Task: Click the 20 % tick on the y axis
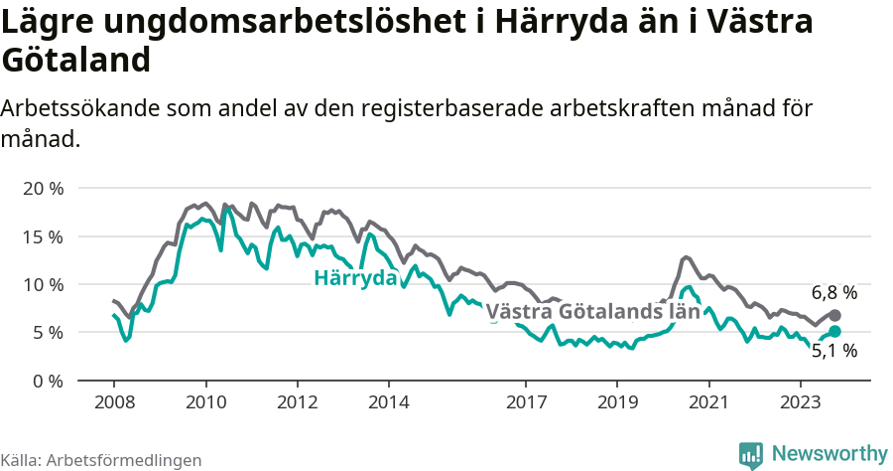pos(43,188)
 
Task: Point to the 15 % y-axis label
pos(43,236)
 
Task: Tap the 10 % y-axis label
pos(43,284)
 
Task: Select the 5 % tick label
pos(48,332)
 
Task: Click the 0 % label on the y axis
pos(48,381)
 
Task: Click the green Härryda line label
pos(355,278)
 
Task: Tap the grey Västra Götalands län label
pos(587,311)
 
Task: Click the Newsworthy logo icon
pos(751,454)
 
